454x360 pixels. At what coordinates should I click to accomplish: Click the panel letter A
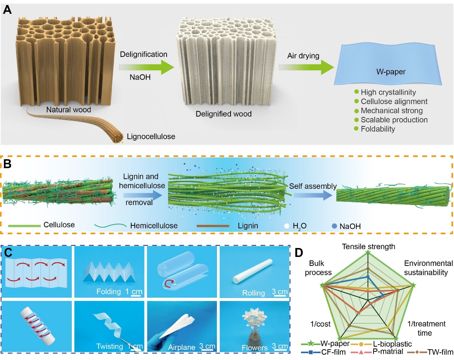point(7,10)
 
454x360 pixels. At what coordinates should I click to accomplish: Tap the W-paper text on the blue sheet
point(391,72)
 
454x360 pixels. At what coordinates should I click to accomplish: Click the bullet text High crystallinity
point(388,92)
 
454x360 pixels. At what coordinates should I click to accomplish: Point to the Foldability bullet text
point(378,129)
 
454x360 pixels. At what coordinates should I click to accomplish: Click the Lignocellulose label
point(151,136)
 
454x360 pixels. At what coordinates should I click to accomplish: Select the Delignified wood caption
point(223,114)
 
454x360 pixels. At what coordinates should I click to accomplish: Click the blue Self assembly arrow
point(313,195)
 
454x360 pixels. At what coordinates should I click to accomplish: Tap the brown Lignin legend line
point(213,226)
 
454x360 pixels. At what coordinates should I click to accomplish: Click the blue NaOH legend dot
point(335,226)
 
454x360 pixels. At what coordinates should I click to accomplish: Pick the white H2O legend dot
point(287,226)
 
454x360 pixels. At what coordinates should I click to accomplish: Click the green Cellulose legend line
point(24,226)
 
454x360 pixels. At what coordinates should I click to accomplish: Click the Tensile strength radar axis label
point(369,247)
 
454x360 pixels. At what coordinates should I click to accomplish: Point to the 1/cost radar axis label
point(320,324)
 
